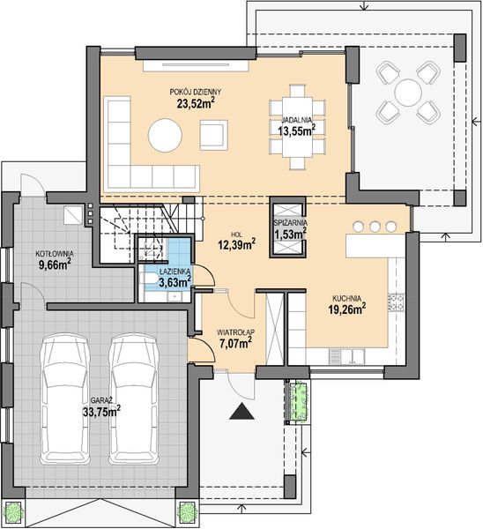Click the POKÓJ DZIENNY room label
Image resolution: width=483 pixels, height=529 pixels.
point(196,91)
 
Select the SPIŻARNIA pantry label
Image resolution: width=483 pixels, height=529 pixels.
point(290,223)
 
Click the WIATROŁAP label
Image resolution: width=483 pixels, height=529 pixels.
point(234,332)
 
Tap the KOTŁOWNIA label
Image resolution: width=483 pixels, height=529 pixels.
point(54,254)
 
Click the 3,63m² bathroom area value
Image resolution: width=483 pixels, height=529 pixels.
point(173,281)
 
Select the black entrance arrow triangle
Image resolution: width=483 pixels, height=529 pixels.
point(237,410)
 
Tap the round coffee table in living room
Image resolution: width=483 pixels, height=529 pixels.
point(165,136)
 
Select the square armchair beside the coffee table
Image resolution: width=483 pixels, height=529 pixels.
point(212,135)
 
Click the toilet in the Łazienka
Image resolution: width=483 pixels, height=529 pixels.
point(148,281)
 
